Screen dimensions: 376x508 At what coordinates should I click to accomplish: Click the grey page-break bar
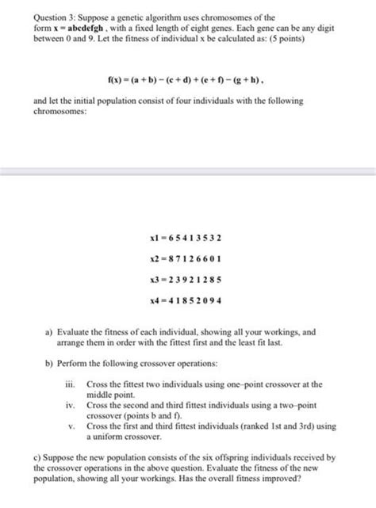(x=188, y=173)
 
